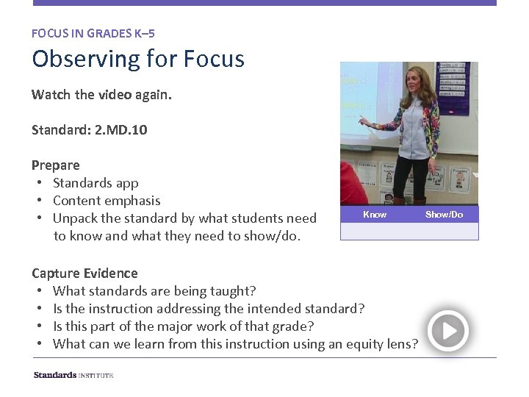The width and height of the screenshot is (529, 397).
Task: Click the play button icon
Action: point(447,331)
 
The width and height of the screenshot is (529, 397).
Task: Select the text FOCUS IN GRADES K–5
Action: point(93,33)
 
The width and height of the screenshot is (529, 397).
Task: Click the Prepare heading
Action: point(56,165)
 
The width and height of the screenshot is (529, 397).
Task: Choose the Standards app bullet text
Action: point(96,182)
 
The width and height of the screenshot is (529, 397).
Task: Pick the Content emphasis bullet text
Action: point(107,200)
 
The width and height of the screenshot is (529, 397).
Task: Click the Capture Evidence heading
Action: point(84,273)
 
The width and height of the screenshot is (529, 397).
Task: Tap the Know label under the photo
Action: point(375,215)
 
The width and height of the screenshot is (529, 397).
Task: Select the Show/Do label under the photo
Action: point(444,215)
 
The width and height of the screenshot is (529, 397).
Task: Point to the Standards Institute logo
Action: point(73,375)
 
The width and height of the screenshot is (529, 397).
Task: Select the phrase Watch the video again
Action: point(101,95)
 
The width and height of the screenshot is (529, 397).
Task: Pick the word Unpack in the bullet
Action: point(75,218)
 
